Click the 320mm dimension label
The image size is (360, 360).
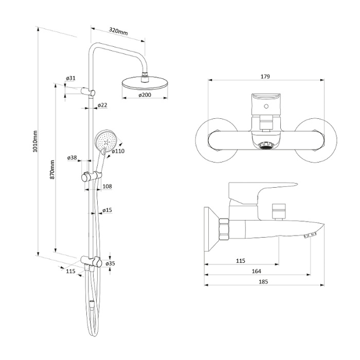click(x=118, y=31)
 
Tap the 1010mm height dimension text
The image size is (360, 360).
click(x=34, y=141)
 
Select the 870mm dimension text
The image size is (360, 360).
click(x=52, y=170)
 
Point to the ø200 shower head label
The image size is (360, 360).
click(x=145, y=95)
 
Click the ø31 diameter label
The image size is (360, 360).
click(x=71, y=78)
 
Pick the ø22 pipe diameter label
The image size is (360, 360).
click(x=102, y=105)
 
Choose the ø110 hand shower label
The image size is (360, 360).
click(x=118, y=151)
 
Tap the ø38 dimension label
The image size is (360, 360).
click(x=72, y=158)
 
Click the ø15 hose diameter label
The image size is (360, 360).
click(x=107, y=210)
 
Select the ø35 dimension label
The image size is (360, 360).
click(x=110, y=263)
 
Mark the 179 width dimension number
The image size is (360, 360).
click(x=265, y=77)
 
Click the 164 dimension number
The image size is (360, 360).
click(x=257, y=271)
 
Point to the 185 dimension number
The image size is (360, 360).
click(x=263, y=282)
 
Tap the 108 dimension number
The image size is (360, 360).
click(x=107, y=186)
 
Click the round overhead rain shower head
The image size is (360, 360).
click(x=145, y=83)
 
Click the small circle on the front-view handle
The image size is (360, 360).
click(x=266, y=106)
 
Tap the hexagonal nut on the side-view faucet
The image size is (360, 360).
click(x=224, y=229)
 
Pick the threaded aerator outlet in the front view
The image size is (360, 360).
click(x=266, y=146)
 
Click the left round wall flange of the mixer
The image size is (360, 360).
click(x=217, y=140)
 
